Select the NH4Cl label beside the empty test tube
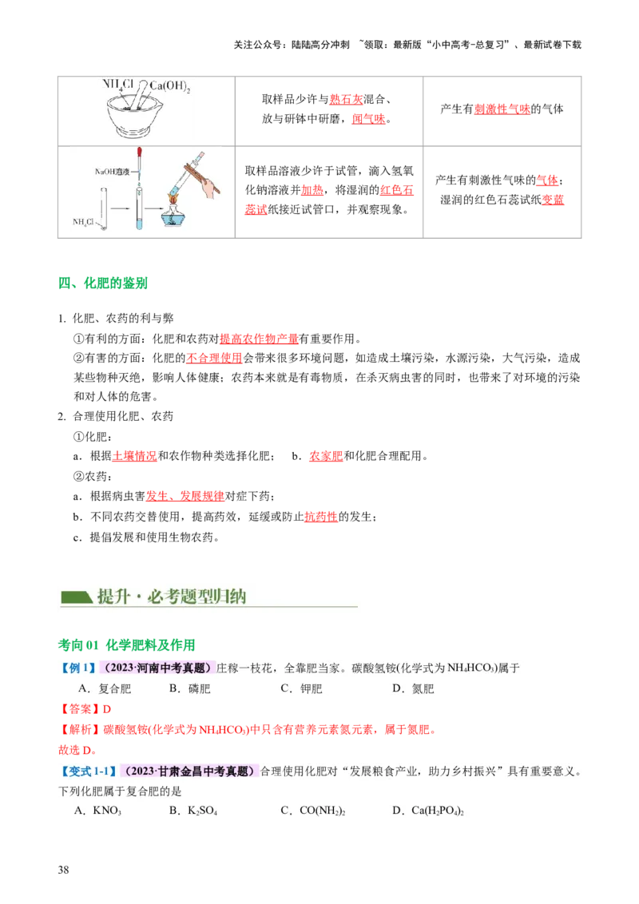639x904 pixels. pyautogui.click(x=86, y=222)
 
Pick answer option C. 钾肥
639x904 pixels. pyautogui.click(x=301, y=688)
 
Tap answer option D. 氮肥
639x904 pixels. pyautogui.click(x=413, y=688)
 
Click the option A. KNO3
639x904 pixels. pyautogui.click(x=97, y=811)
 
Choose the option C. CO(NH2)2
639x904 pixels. pyautogui.click(x=312, y=811)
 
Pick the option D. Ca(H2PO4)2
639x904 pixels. pyautogui.click(x=428, y=811)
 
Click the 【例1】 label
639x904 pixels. pyautogui.click(x=78, y=668)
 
